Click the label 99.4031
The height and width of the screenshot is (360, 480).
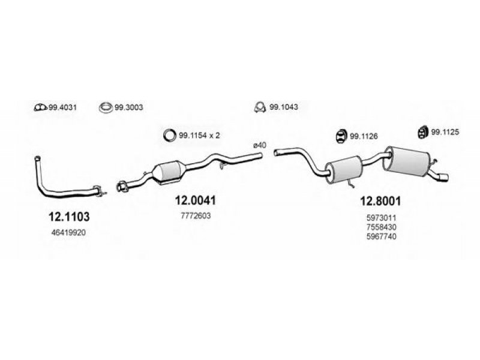tap(63, 108)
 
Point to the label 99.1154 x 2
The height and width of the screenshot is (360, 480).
tap(200, 136)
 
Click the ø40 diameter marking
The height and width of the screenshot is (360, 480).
tap(259, 145)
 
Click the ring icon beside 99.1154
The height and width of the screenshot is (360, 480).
tap(169, 136)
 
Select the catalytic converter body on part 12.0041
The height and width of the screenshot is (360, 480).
tap(170, 172)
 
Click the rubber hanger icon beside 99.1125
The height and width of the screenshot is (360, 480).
tap(422, 131)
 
